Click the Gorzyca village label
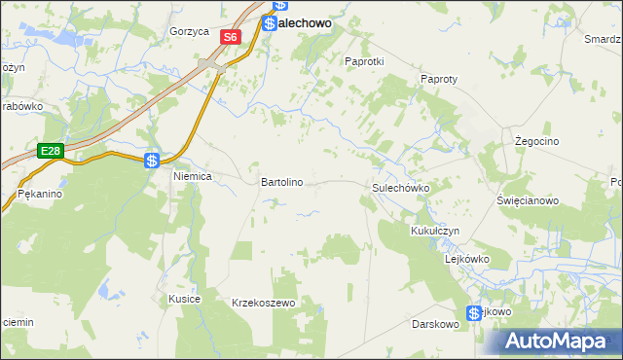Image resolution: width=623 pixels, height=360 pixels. pyautogui.click(x=189, y=31)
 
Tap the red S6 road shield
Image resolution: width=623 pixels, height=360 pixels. pyautogui.click(x=230, y=37)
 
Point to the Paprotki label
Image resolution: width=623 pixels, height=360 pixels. pyautogui.click(x=365, y=60)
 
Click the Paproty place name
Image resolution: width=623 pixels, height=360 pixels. pyautogui.click(x=439, y=79)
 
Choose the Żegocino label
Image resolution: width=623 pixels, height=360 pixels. pyautogui.click(x=534, y=141)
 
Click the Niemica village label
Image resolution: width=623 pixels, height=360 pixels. pyautogui.click(x=192, y=177)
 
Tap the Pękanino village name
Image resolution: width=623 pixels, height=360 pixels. pyautogui.click(x=40, y=195)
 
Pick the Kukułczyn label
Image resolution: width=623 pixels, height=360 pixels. pyautogui.click(x=434, y=232)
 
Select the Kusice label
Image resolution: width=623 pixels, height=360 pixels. pyautogui.click(x=184, y=298)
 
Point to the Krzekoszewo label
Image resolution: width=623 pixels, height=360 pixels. pyautogui.click(x=263, y=303)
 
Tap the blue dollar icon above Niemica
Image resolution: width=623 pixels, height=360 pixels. pyautogui.click(x=153, y=161)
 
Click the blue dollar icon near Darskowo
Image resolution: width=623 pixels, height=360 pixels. pyautogui.click(x=474, y=312)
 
